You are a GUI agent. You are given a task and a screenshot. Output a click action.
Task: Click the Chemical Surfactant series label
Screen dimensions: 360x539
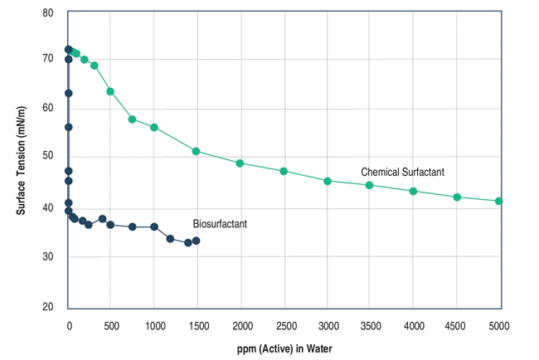[x=402, y=172]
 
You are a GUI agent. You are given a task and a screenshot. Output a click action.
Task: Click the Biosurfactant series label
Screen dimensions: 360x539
[x=220, y=224]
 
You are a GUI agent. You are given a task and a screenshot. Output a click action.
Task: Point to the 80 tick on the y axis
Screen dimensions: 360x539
[x=47, y=13]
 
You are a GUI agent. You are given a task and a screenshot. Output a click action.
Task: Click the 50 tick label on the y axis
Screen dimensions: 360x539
[x=47, y=156]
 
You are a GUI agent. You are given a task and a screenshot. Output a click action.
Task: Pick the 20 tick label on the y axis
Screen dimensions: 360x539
[x=47, y=307]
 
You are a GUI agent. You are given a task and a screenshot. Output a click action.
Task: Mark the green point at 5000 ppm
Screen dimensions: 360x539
[x=498, y=201]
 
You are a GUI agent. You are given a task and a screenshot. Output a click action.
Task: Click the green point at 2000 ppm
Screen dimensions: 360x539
[x=240, y=163]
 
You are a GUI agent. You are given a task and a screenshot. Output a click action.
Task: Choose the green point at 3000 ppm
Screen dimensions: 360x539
[x=327, y=181]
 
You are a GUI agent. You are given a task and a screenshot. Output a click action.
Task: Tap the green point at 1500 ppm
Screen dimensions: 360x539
[x=196, y=151]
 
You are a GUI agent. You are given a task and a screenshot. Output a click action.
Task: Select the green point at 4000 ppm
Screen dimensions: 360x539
[x=413, y=191]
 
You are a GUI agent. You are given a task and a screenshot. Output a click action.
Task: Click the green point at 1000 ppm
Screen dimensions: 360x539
[x=154, y=127]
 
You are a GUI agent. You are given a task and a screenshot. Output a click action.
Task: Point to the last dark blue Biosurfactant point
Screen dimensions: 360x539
[x=196, y=241]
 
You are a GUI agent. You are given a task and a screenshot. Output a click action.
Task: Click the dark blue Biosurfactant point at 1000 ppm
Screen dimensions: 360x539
[x=154, y=226]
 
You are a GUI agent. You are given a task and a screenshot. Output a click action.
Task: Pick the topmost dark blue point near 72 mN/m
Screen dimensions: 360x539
[x=68, y=50]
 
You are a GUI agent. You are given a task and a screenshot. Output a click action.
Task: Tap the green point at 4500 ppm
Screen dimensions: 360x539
[x=456, y=197]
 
